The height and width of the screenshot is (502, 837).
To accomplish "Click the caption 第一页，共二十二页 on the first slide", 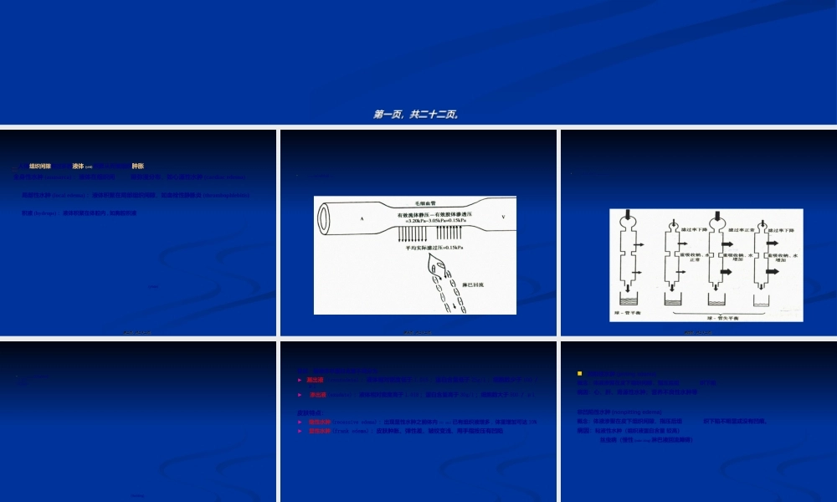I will [x=416, y=115].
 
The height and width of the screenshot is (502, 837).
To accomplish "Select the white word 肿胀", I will [x=138, y=166].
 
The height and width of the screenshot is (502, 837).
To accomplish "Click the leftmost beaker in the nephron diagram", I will [x=628, y=299].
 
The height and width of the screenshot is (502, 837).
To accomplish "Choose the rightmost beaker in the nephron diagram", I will [x=767, y=299].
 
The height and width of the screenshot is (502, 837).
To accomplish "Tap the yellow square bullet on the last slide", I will [x=579, y=373].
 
